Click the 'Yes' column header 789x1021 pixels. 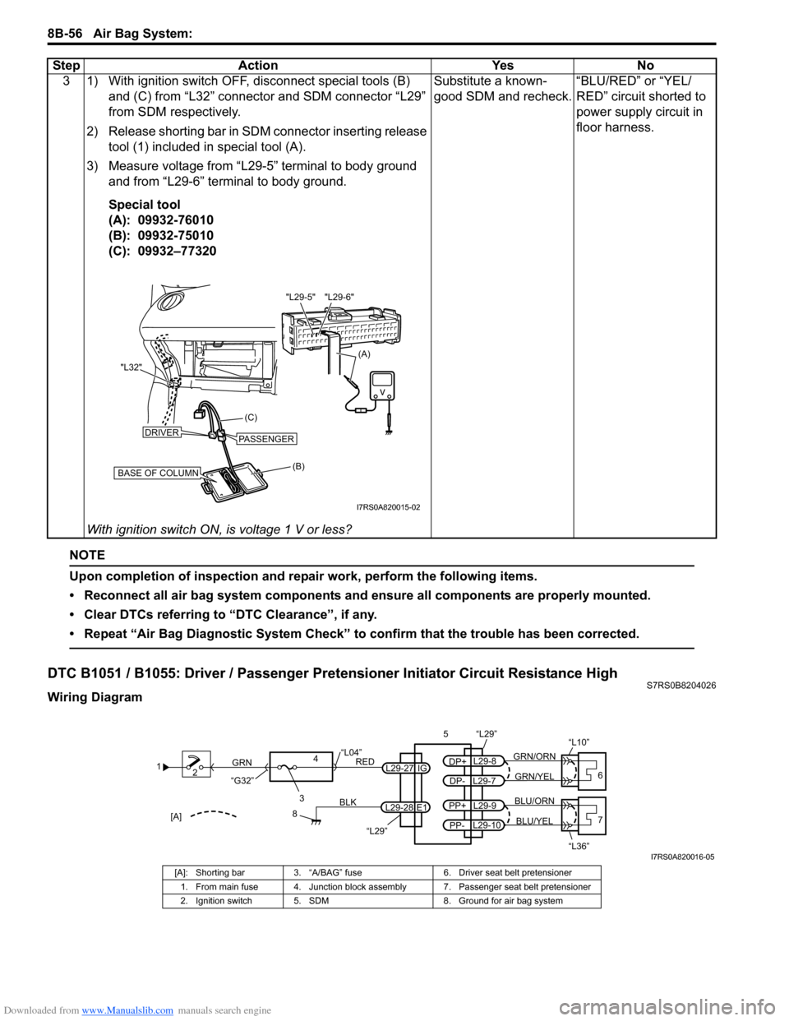coord(502,65)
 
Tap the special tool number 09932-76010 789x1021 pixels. coord(176,219)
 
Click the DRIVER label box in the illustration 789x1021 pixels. coord(162,432)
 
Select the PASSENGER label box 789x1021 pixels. coord(266,439)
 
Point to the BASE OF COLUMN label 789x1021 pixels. coord(158,474)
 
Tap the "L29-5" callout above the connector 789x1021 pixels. coord(301,297)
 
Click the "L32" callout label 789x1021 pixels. coord(131,367)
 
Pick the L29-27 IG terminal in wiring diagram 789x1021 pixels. coord(406,768)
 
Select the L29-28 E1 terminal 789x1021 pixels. coord(406,807)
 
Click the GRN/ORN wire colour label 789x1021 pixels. coord(534,756)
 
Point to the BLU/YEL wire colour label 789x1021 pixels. coord(534,821)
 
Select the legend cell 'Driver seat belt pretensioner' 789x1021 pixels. coord(515,872)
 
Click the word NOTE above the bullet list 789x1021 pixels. coord(87,555)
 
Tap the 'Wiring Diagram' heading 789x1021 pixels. coord(95,697)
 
